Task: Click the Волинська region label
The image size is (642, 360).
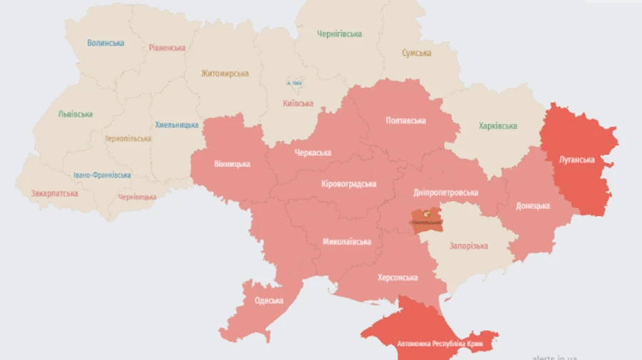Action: tap(106, 43)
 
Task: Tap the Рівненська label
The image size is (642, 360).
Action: tap(168, 48)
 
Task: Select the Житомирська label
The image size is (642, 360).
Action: tap(225, 73)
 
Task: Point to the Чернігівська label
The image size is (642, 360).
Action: tap(340, 34)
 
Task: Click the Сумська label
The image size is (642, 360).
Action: tap(416, 53)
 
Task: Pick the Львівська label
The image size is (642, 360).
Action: tap(75, 114)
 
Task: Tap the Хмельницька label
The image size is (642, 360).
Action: tap(177, 125)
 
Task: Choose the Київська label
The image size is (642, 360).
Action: tap(298, 103)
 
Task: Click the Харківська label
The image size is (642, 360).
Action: tap(498, 126)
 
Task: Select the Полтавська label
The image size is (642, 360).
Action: tap(405, 120)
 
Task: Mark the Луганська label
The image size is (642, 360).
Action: tap(576, 160)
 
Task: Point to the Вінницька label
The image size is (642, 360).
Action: tap(232, 164)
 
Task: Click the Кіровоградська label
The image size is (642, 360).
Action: tap(349, 184)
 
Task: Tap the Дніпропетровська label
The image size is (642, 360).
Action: tap(446, 192)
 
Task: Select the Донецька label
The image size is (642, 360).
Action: tap(533, 206)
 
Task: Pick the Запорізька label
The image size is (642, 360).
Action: tap(469, 246)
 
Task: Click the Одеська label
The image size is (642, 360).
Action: tap(269, 301)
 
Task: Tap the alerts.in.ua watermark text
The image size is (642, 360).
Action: tap(554, 357)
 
